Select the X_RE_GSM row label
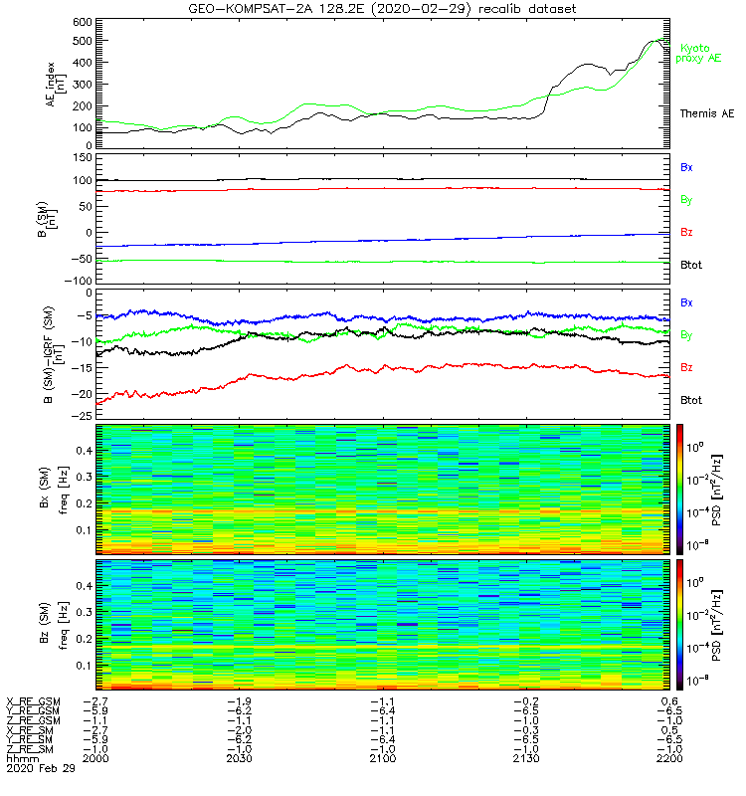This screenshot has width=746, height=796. pyautogui.click(x=34, y=701)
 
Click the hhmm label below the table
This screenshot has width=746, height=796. pyautogui.click(x=20, y=758)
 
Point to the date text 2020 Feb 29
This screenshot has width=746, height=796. pyautogui.click(x=34, y=768)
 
